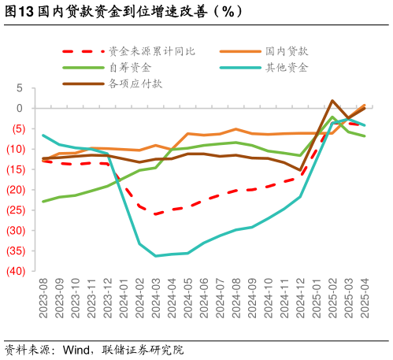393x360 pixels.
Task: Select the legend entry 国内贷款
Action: pos(286,51)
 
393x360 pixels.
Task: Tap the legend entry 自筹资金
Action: pos(130,67)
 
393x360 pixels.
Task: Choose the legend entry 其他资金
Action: pos(286,67)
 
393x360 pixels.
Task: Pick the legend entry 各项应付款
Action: pos(135,83)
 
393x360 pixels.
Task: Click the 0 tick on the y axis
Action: pos(20,108)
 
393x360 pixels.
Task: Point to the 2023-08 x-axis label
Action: pos(43,298)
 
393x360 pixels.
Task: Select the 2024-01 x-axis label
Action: pos(124,298)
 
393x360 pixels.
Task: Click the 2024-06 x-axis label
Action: pos(203,298)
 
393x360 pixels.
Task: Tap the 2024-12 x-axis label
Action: pos(300,298)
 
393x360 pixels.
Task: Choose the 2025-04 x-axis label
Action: pos(364,298)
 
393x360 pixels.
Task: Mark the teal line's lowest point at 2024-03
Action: pos(155,256)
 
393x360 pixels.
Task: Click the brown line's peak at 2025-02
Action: pos(332,101)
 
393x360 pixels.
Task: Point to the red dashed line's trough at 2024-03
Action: pos(155,214)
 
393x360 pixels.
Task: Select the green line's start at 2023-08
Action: pos(43,202)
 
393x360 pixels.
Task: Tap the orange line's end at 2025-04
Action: pos(364,104)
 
